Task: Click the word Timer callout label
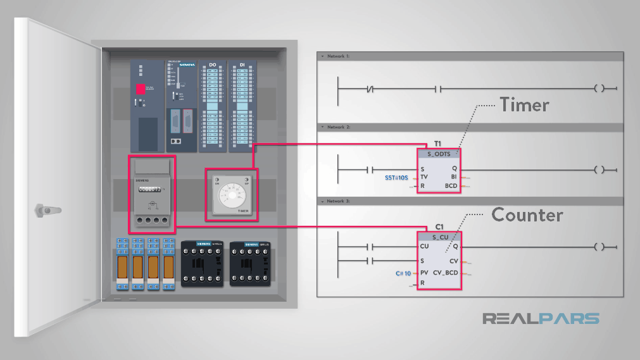coord(524,104)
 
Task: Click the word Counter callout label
coord(527,215)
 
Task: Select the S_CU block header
coord(438,237)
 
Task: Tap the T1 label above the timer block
coord(437,144)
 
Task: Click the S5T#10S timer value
coord(397,178)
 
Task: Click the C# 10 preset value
coord(403,274)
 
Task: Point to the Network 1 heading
coord(336,56)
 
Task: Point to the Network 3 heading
coord(336,201)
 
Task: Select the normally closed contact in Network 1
coord(372,89)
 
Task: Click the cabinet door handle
coord(44,209)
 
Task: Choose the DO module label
coord(213,65)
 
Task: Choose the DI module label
coord(242,65)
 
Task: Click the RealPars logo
coord(541,318)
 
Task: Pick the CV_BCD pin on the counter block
coord(446,273)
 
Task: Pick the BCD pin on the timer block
coord(451,187)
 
